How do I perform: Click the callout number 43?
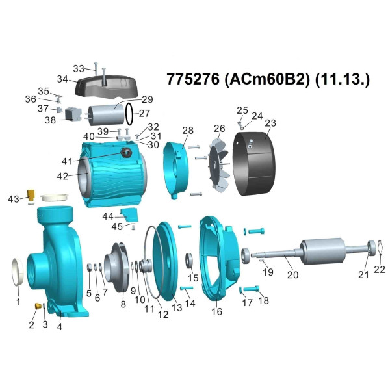(x=14, y=199)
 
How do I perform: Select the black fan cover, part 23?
(x=253, y=164)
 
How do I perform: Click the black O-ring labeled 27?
(x=129, y=114)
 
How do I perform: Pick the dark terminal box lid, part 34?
(x=106, y=88)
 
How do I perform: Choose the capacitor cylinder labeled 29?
(x=107, y=114)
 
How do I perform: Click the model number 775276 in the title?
(x=193, y=79)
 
